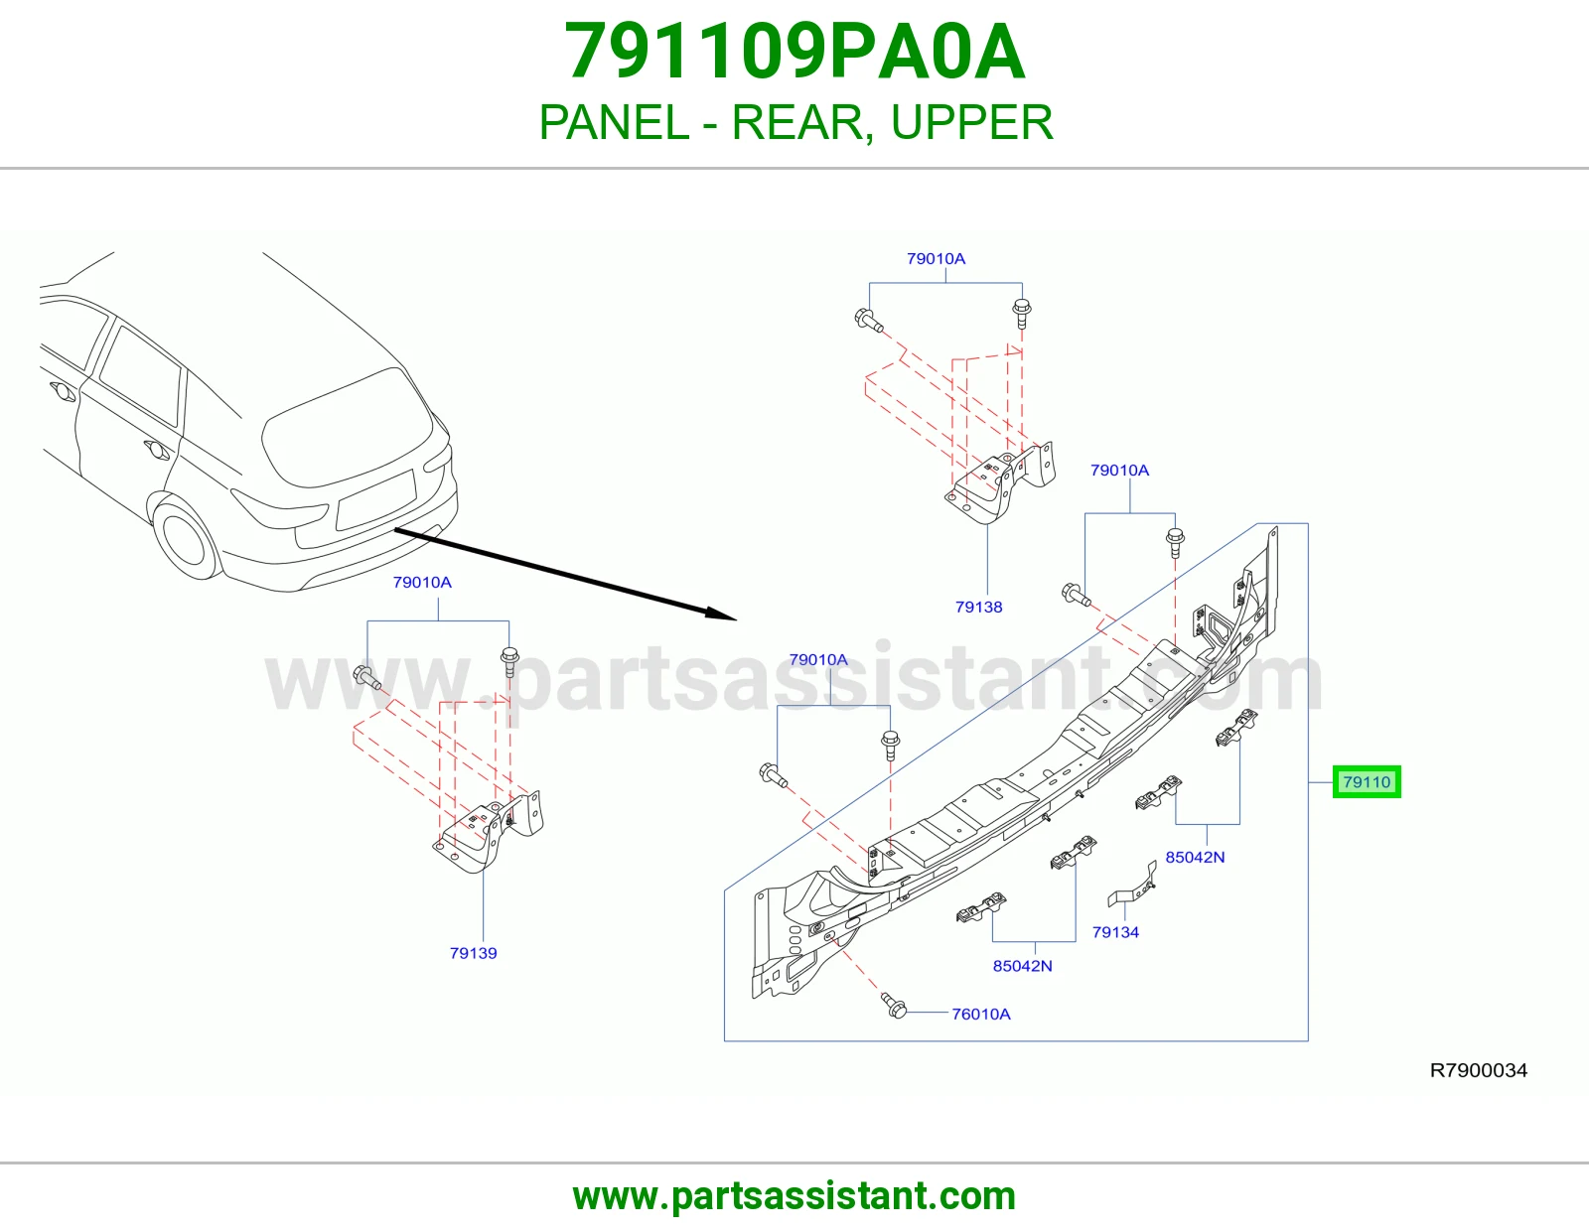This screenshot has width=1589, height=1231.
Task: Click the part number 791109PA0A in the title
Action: coord(794,52)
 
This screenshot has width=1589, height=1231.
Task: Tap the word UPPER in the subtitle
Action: coord(972,122)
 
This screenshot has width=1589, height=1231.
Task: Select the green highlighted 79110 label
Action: coord(1366,782)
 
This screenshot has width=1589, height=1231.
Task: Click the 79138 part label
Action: coord(978,607)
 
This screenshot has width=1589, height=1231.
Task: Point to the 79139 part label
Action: coord(473,953)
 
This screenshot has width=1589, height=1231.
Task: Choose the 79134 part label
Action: coord(1115,932)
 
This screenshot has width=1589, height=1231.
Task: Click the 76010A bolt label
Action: coord(980,1014)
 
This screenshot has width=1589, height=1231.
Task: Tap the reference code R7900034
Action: coord(1479,1071)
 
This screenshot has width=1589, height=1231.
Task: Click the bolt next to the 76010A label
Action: coord(894,1005)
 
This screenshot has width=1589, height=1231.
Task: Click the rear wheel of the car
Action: coord(185,537)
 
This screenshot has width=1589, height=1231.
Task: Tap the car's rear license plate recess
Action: coord(375,499)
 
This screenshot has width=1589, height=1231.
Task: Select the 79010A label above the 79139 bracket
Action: coord(422,583)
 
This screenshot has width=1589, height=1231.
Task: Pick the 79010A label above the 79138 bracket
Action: coord(936,259)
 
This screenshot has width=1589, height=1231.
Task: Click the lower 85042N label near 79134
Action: coord(1022,966)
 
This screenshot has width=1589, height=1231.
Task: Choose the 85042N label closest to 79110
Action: coord(1195,857)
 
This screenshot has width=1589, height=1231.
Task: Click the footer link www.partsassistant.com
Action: coord(794,1196)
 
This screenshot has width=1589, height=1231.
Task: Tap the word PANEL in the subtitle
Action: coord(614,122)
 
